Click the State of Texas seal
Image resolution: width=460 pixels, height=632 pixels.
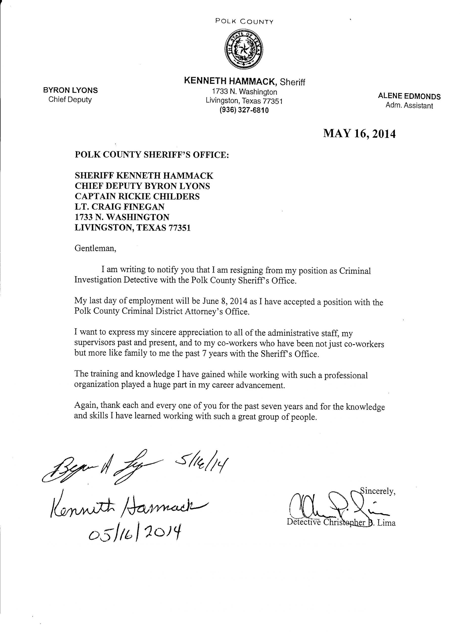click(x=244, y=50)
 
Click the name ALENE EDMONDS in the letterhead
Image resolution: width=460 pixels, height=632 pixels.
click(x=409, y=97)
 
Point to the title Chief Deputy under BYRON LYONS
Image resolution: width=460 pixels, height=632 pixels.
click(x=70, y=99)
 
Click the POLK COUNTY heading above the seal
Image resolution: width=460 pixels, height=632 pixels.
click(x=244, y=21)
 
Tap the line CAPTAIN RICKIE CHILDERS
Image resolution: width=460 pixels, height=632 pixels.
click(x=137, y=197)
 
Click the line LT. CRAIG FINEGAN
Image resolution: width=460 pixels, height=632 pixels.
click(x=119, y=207)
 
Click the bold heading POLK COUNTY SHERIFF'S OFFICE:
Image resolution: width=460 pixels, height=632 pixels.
click(x=152, y=155)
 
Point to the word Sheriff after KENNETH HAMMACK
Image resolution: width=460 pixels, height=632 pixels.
click(x=292, y=82)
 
